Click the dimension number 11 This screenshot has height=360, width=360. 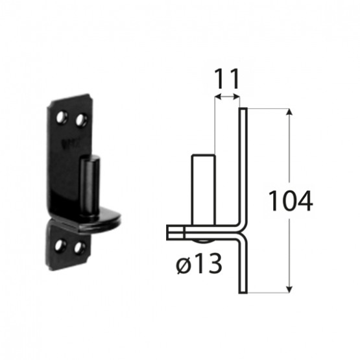(227, 78)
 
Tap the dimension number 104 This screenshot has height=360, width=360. (290, 200)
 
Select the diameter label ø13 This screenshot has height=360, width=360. (199, 264)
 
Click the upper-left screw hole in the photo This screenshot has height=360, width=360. (62, 117)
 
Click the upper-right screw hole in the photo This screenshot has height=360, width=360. (82, 120)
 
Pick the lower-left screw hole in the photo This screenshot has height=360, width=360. (60, 245)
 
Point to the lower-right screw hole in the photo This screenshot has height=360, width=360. (79, 248)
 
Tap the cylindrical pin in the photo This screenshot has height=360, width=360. (90, 186)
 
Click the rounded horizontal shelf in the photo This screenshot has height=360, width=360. (99, 221)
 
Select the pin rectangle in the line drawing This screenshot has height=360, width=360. (204, 190)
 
